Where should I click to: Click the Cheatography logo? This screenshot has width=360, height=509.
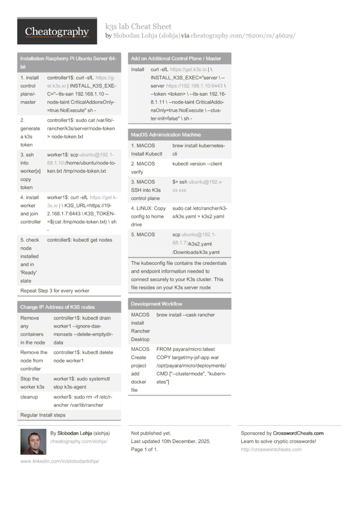click(x=57, y=31)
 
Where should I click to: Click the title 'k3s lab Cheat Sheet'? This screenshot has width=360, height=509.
click(x=138, y=26)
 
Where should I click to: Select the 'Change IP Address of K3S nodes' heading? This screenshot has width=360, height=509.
click(x=58, y=307)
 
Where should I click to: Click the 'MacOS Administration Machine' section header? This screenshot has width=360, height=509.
click(x=166, y=135)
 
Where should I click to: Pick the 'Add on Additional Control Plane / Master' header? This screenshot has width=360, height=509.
click(x=176, y=59)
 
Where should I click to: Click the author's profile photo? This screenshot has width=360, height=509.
click(x=33, y=441)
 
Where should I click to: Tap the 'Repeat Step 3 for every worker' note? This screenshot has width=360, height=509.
click(x=55, y=291)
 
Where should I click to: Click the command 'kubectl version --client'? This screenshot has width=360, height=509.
click(x=197, y=164)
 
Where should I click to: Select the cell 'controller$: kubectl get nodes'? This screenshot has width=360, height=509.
click(x=80, y=240)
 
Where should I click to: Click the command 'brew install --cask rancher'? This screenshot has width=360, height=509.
click(x=186, y=315)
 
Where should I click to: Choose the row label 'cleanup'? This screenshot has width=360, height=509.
click(x=29, y=397)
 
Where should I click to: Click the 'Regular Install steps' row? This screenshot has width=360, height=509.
click(x=43, y=415)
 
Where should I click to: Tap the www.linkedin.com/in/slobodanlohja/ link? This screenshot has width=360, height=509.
click(x=60, y=461)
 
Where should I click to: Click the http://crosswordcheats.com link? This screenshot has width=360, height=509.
click(x=271, y=450)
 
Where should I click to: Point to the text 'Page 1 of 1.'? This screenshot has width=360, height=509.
click(x=144, y=450)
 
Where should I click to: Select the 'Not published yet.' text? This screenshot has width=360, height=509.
click(x=151, y=433)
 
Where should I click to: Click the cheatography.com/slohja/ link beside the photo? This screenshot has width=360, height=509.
click(x=79, y=441)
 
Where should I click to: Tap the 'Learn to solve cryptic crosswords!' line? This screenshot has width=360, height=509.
click(x=278, y=441)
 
